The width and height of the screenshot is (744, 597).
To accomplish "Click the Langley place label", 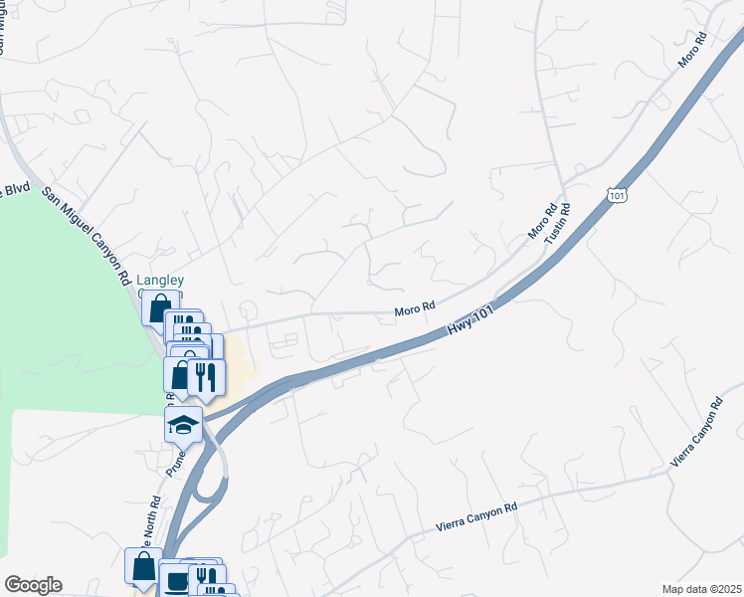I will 161,282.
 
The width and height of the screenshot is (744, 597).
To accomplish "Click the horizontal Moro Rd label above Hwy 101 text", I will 416,310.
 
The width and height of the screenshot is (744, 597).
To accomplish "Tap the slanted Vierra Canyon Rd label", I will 696,432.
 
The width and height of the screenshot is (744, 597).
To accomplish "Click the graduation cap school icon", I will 184,425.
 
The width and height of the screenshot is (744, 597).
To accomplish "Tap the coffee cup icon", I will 176,579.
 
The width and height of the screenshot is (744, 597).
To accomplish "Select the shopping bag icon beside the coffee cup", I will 143,568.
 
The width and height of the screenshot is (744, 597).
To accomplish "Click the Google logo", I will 33,585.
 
